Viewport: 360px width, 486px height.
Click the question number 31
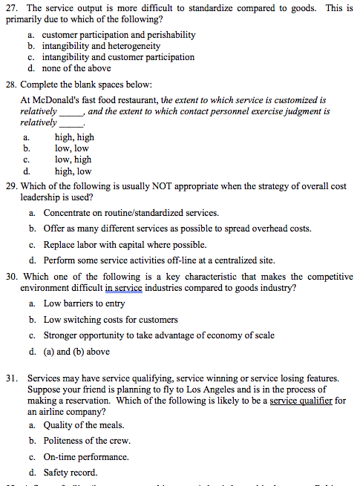(13, 378)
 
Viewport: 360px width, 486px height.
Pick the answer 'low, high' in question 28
(73, 159)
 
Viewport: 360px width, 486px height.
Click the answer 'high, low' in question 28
(73, 170)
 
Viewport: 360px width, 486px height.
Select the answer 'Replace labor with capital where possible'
(129, 245)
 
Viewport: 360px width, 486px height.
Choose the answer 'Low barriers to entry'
(84, 304)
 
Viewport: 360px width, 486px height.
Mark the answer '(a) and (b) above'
(76, 352)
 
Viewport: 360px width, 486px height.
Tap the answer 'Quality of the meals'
(84, 425)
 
